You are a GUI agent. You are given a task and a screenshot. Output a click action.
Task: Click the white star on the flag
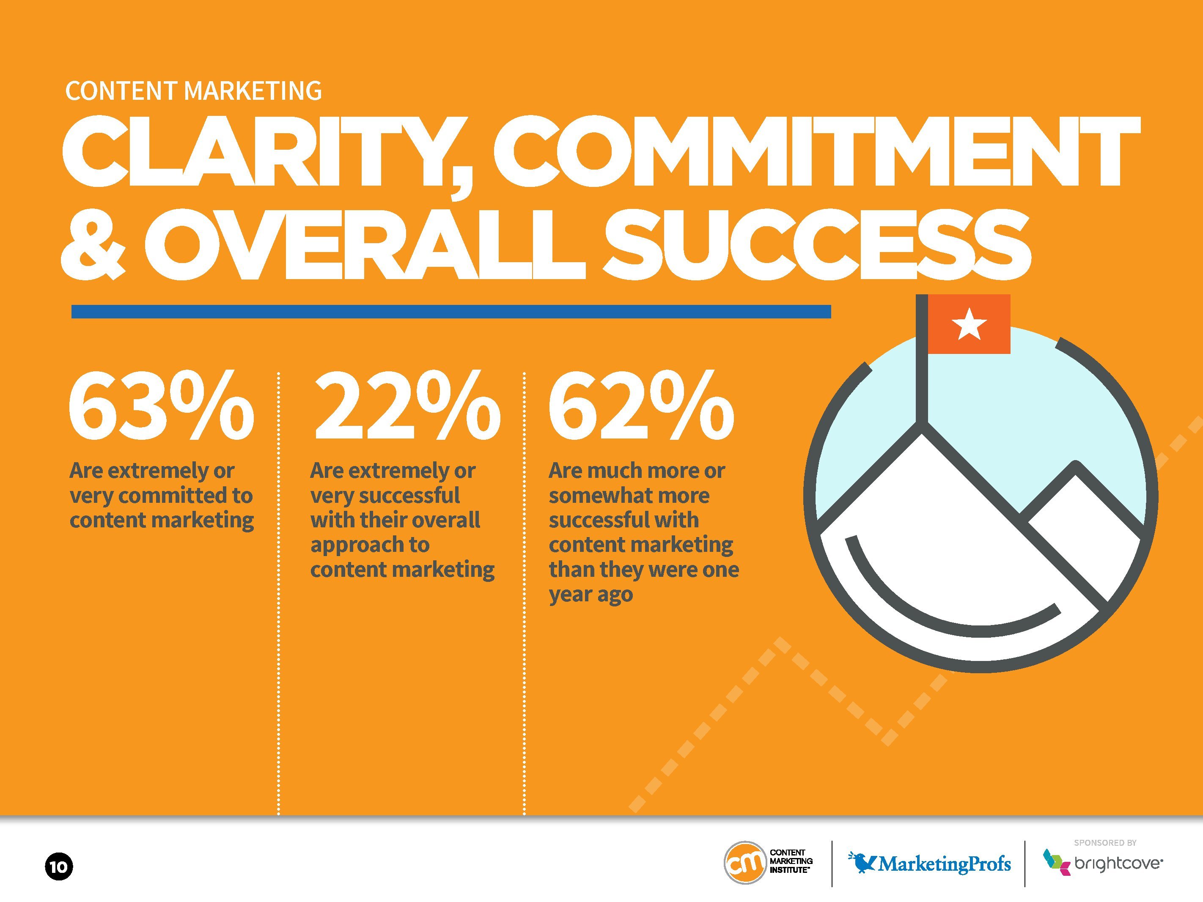click(969, 324)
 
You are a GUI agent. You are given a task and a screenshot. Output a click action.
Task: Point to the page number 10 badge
click(59, 866)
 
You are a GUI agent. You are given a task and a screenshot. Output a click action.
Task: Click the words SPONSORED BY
click(1105, 843)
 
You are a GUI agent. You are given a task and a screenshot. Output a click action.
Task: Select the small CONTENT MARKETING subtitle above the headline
click(194, 91)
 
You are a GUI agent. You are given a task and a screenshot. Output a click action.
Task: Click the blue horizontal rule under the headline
click(451, 312)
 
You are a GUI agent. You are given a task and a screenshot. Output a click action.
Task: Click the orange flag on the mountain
click(969, 324)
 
